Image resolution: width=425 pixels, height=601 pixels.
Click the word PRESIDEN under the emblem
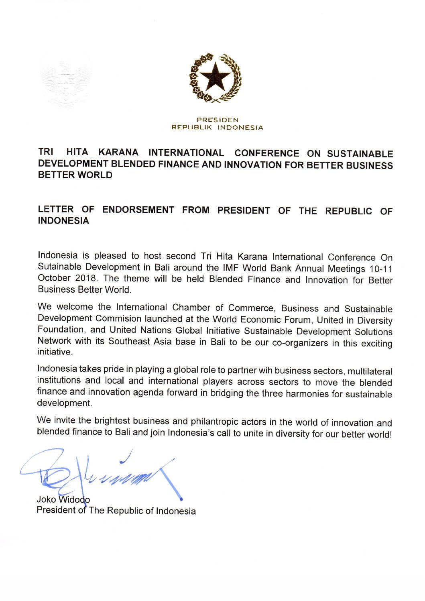(218, 120)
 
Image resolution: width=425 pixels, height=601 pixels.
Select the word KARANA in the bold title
(118, 153)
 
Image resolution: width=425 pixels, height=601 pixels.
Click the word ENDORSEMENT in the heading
(138, 210)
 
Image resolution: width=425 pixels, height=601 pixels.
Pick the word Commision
(118, 319)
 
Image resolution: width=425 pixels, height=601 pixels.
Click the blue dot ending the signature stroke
(181, 499)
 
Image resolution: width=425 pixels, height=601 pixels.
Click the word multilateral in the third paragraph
(370, 371)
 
